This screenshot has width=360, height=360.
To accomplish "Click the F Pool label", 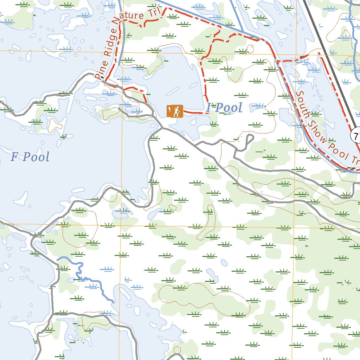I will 30,157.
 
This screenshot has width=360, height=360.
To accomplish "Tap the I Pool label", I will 224,108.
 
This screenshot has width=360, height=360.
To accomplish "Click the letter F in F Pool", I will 14,157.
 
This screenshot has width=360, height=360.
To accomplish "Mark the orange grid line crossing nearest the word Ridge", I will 121,51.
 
